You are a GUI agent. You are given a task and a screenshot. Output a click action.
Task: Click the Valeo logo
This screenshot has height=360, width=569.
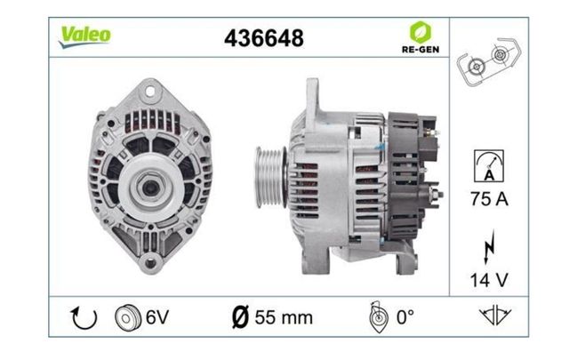(85, 36)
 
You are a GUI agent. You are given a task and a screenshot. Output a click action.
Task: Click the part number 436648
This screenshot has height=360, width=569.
(264, 38)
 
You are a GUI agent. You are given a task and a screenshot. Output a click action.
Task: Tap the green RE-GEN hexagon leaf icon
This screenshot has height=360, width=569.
(421, 32)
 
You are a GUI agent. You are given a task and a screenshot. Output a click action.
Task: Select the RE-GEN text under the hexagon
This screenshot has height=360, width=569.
(421, 50)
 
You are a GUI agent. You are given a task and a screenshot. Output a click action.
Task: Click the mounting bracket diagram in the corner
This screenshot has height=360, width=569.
(488, 61)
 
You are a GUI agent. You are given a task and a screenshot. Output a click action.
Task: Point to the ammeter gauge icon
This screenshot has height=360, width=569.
(489, 166)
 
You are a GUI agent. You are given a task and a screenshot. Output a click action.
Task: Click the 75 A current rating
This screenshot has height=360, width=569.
(489, 199)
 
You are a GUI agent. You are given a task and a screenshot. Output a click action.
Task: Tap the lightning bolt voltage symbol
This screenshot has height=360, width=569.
(489, 246)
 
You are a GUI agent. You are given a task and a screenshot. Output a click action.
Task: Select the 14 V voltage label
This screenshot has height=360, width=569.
(489, 280)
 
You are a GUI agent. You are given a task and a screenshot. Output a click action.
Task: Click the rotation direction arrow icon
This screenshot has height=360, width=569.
(84, 318)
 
